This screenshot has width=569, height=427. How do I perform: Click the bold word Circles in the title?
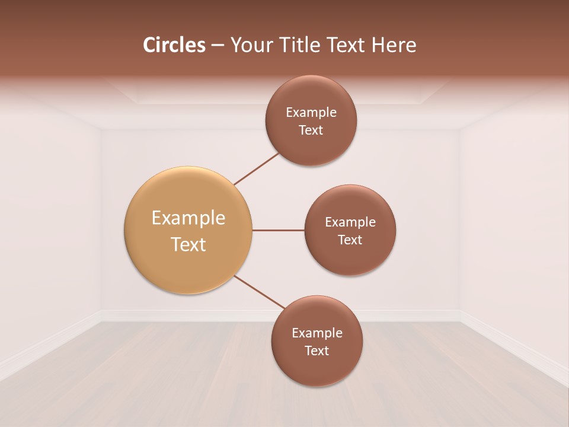(x=174, y=45)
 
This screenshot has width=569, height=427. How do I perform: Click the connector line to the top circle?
(x=256, y=168)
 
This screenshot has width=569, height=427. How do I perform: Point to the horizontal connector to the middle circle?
(x=278, y=230)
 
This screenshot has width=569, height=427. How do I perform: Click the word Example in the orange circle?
(x=188, y=218)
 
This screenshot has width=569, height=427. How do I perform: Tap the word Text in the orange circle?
(x=188, y=244)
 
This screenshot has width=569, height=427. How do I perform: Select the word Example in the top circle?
(x=311, y=113)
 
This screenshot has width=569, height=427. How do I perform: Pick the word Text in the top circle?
(x=311, y=130)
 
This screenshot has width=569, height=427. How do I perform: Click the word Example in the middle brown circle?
(x=350, y=222)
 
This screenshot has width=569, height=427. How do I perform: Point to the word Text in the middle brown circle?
(x=350, y=240)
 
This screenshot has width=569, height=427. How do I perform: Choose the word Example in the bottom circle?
(x=317, y=333)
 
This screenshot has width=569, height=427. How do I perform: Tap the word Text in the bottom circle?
(x=317, y=351)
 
